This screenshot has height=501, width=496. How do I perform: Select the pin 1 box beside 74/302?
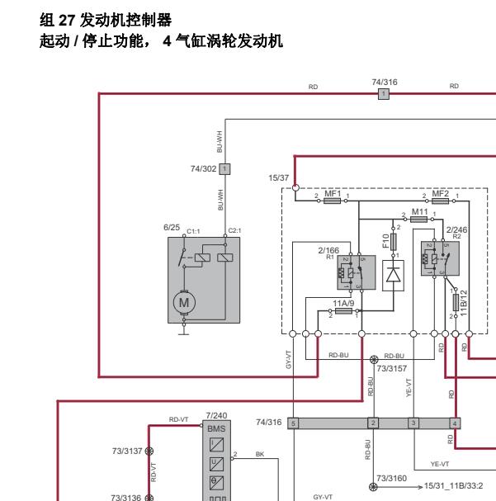click(225, 168)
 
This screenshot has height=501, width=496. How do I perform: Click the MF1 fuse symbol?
click(333, 200)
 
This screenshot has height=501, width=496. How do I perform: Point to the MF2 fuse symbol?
click(441, 200)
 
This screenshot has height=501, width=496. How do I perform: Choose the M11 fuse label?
click(420, 211)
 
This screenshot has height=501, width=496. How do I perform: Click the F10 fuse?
click(394, 242)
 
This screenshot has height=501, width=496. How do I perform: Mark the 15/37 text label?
click(279, 177)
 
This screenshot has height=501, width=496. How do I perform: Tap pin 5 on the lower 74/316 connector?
click(293, 423)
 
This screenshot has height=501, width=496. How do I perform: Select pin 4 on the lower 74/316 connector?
click(455, 423)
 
